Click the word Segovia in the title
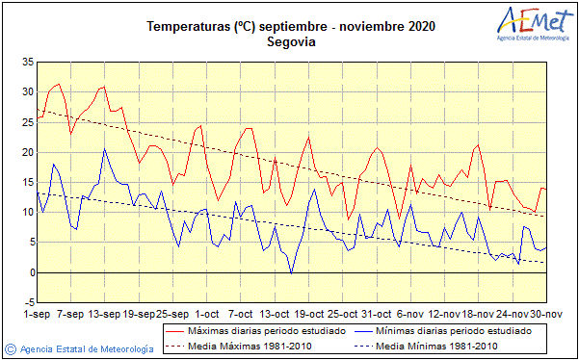click(290, 42)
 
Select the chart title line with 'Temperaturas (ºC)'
click(290, 27)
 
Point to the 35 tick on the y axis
click(27, 62)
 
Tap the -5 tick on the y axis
click(27, 302)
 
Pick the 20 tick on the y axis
click(27, 152)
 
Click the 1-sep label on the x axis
click(37, 314)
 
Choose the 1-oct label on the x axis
click(206, 314)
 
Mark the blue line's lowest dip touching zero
click(291, 272)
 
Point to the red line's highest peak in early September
click(59, 85)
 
